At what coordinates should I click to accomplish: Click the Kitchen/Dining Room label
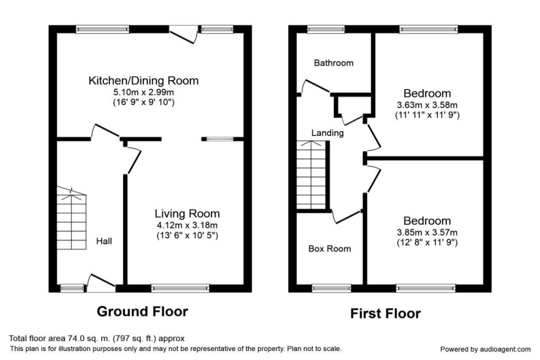(143, 81)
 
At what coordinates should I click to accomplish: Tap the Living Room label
(187, 213)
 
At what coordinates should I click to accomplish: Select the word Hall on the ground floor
(103, 241)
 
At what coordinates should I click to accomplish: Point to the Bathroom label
(333, 63)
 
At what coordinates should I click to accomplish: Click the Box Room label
(330, 248)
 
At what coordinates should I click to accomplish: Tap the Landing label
(327, 133)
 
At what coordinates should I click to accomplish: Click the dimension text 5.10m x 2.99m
(143, 92)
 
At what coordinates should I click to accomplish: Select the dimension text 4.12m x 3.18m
(187, 225)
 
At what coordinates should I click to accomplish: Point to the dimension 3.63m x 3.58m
(427, 104)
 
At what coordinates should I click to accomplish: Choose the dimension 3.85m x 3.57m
(427, 232)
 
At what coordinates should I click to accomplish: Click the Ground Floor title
(142, 312)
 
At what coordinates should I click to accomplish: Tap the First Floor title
(385, 314)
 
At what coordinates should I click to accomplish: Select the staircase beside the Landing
(312, 174)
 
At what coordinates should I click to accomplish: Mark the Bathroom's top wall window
(326, 30)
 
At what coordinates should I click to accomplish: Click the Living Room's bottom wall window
(180, 288)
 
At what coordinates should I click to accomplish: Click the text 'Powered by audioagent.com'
(485, 349)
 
